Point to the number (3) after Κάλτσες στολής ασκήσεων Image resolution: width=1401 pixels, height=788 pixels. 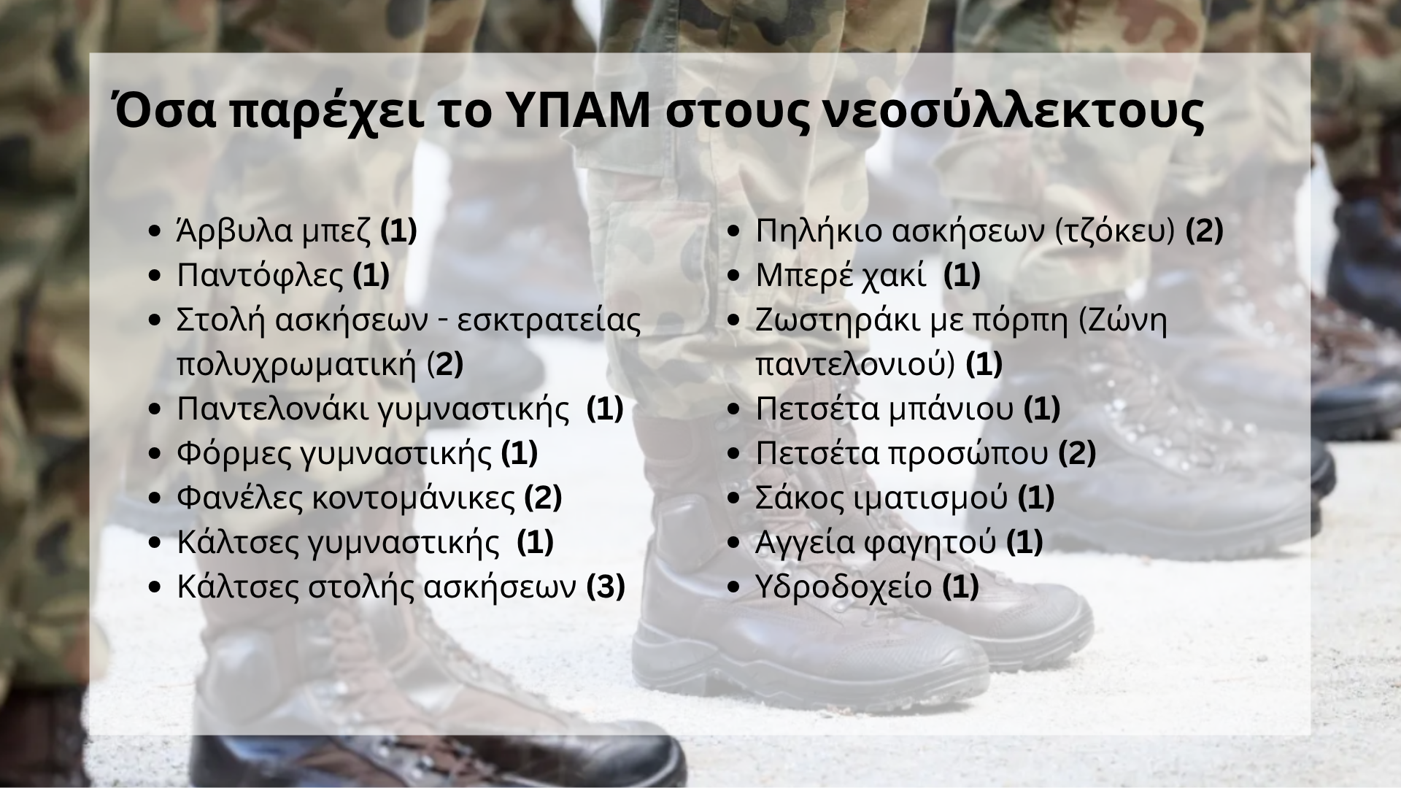pyautogui.click(x=606, y=587)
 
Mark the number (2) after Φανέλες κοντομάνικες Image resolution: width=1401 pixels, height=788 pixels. pyautogui.click(x=543, y=498)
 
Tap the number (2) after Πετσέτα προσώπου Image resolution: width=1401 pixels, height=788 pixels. pyautogui.click(x=1076, y=454)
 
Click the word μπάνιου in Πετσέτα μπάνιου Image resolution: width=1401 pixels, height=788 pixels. pyautogui.click(x=951, y=410)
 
